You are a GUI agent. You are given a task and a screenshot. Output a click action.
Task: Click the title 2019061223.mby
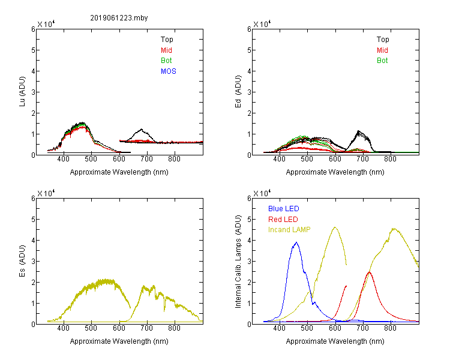click(119, 18)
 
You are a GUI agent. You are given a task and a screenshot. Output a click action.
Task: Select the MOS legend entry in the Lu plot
click(169, 71)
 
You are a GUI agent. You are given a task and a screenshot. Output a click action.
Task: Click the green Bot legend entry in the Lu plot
click(166, 61)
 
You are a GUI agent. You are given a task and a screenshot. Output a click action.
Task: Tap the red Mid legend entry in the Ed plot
click(382, 50)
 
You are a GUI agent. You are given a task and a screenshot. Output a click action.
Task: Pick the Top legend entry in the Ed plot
click(383, 40)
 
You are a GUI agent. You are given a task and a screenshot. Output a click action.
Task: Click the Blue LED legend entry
click(284, 209)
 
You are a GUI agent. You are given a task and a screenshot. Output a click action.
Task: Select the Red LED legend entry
click(283, 220)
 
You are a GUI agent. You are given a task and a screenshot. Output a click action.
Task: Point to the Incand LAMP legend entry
click(289, 230)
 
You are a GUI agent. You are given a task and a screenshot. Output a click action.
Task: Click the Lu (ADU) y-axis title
click(22, 92)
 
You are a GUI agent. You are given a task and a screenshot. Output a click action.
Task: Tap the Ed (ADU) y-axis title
click(238, 92)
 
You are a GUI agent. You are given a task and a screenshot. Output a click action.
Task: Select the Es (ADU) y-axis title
click(22, 261)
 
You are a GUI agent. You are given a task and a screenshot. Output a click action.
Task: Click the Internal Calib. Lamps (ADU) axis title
click(238, 262)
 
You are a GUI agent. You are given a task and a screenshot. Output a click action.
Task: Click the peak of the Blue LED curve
click(296, 242)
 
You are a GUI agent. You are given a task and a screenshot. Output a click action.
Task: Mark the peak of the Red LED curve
click(370, 272)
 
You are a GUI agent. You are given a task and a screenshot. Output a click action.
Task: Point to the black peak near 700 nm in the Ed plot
click(358, 131)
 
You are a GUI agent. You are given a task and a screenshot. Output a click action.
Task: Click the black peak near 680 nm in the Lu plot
click(141, 129)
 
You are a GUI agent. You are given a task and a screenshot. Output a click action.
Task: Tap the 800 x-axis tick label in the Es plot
click(174, 328)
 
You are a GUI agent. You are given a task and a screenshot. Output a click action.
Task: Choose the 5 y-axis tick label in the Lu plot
click(33, 50)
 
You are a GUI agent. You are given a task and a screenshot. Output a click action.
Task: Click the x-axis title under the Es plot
click(119, 341)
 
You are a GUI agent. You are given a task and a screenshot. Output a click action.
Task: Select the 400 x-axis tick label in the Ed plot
click(279, 159)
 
